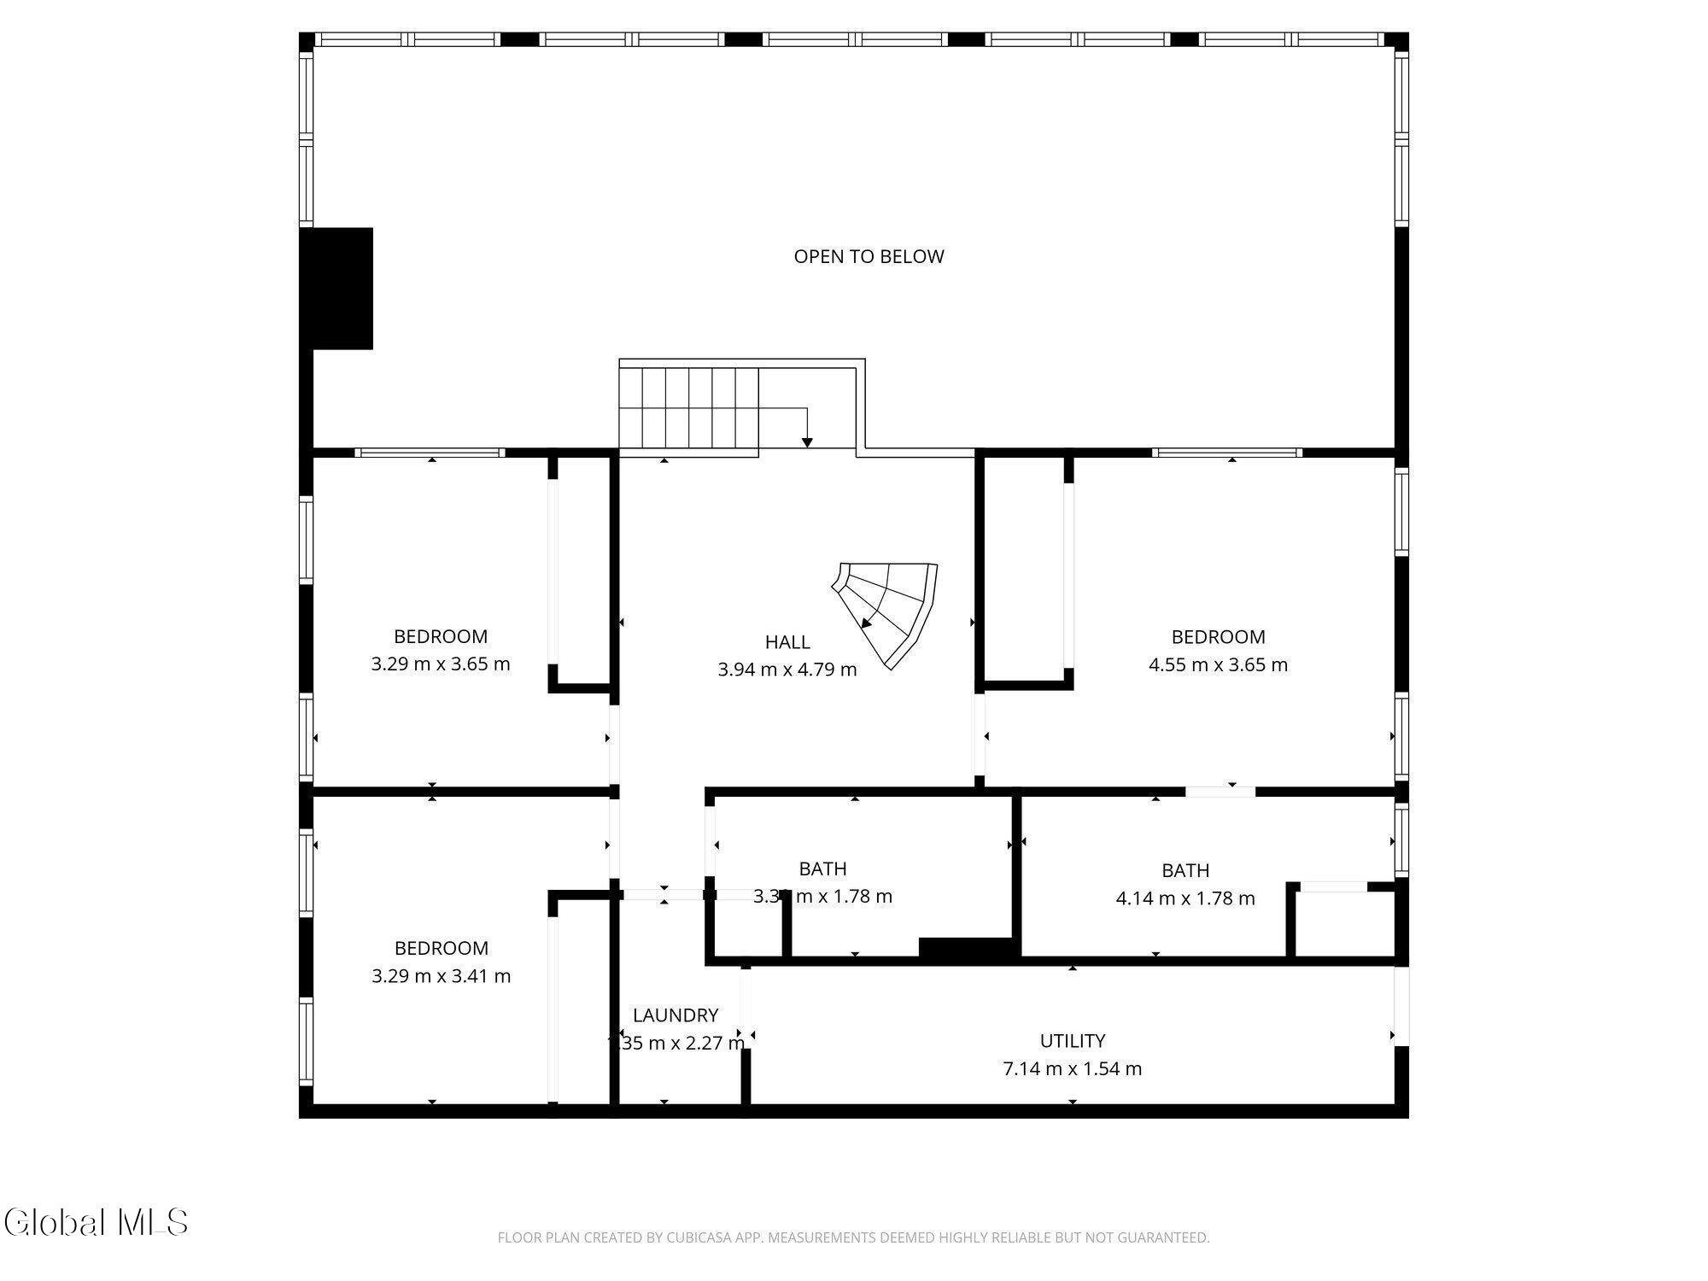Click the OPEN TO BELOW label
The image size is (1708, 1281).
(869, 256)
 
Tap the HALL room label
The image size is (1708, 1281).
(787, 642)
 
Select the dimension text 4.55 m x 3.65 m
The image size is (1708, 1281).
(1218, 664)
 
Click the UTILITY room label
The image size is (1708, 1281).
(1072, 1041)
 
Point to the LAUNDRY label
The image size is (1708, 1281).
(676, 1015)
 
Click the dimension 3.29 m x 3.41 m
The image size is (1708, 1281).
(441, 976)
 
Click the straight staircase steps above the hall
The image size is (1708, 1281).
(688, 408)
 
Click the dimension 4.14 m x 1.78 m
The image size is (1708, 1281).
(1185, 898)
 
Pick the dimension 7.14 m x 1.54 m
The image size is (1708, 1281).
(1072, 1069)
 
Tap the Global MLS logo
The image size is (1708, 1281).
(96, 1222)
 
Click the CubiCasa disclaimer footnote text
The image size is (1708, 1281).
(853, 1237)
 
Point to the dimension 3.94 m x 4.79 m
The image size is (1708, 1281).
(787, 670)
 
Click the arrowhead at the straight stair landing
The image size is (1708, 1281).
(807, 442)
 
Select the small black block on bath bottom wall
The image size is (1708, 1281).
(968, 947)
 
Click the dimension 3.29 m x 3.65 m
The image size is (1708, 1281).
(441, 664)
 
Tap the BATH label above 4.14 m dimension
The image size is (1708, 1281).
(1185, 870)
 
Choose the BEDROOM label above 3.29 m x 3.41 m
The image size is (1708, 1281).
(441, 948)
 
